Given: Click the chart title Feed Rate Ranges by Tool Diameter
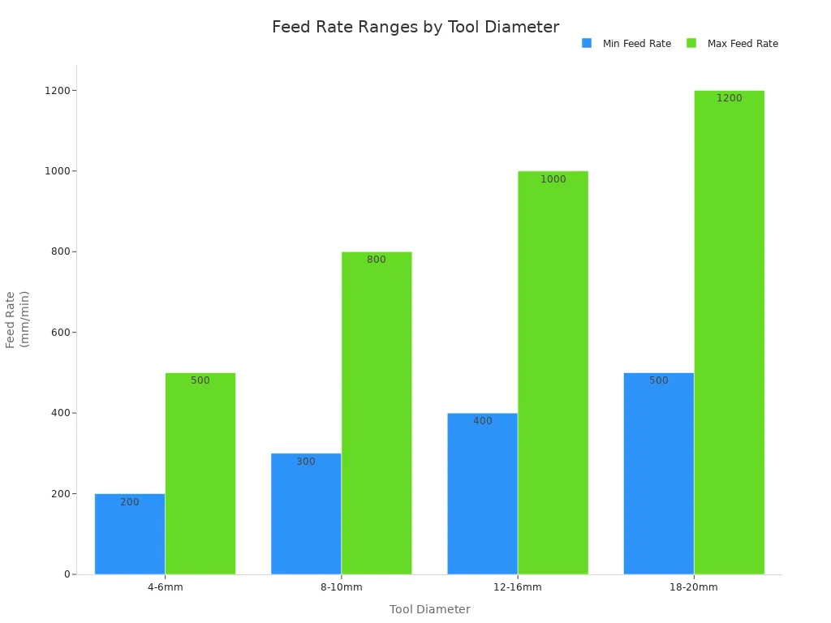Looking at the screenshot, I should [x=415, y=28].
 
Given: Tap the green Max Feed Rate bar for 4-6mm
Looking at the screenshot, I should [x=200, y=474].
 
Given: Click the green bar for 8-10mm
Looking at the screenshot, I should [x=377, y=413].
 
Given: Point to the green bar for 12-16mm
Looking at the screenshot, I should [x=553, y=372].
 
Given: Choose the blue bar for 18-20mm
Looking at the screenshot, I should [x=658, y=474].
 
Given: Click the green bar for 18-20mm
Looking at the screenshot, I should [x=729, y=333].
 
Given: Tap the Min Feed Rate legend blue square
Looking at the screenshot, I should [x=587, y=43].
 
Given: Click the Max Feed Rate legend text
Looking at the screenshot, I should [x=742, y=44].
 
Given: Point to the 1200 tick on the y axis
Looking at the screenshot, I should [x=59, y=91].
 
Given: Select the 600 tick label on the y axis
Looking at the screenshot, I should [x=59, y=333].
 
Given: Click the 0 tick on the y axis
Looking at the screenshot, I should [x=68, y=574].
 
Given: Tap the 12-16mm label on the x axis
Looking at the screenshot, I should [x=517, y=587].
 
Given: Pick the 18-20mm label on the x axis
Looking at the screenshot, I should [x=694, y=587].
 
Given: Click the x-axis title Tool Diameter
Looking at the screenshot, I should [x=429, y=609].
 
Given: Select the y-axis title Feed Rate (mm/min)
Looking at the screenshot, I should [x=17, y=319].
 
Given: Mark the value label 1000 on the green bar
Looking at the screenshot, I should [x=553, y=179].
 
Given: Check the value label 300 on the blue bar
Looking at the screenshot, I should [x=306, y=462].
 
